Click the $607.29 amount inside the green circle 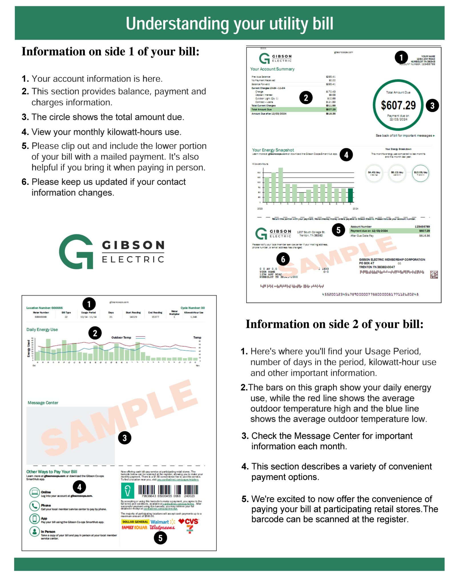tap(398, 105)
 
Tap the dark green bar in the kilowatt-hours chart tap(350, 195)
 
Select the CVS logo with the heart tap(188, 521)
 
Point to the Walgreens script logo tap(162, 527)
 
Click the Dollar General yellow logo tap(135, 522)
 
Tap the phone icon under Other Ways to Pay tap(34, 506)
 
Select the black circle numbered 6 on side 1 tap(283, 259)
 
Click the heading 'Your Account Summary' tap(272, 69)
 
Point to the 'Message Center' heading tap(43, 403)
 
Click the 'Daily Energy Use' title tap(42, 330)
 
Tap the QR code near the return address tap(434, 275)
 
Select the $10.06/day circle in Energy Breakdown tap(420, 173)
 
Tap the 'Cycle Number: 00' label tap(192, 308)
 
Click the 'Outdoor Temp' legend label tap(121, 338)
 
